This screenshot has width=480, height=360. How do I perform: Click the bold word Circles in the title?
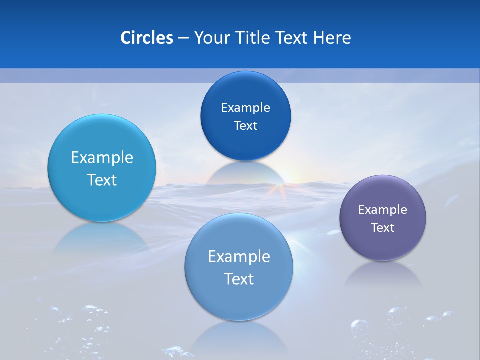click(146, 38)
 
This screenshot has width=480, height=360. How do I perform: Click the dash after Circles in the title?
click(183, 38)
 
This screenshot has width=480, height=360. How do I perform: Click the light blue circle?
click(102, 168)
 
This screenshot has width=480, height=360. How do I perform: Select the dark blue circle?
click(245, 116)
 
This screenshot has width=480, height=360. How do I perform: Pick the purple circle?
click(383, 218)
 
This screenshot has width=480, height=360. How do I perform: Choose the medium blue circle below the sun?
click(239, 267)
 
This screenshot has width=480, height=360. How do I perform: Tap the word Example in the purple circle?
click(383, 210)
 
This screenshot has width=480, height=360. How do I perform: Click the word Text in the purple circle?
click(383, 228)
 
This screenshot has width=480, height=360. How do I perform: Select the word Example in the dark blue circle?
click(245, 108)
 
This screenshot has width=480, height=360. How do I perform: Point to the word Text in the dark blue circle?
click(245, 126)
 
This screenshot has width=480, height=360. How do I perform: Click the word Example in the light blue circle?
click(102, 158)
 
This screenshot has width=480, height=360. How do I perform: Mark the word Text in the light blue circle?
click(102, 180)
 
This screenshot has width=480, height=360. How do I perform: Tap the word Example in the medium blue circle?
click(239, 257)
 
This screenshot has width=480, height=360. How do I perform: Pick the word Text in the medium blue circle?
click(239, 279)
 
